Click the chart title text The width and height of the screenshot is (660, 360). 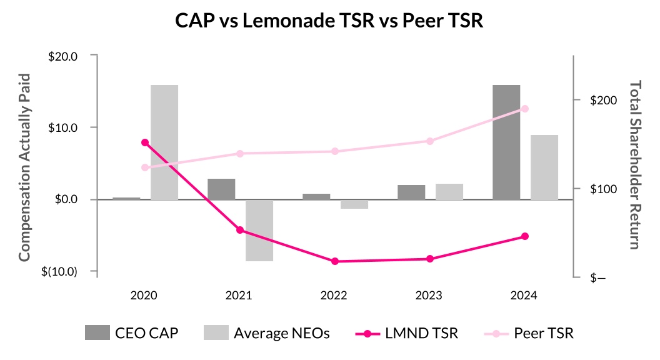[329, 21]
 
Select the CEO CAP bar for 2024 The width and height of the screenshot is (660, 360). [506, 142]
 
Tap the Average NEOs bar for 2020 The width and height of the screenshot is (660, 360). [164, 142]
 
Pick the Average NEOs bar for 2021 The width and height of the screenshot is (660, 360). [259, 230]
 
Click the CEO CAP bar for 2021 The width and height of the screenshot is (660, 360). [221, 189]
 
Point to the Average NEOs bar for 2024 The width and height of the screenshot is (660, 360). [544, 167]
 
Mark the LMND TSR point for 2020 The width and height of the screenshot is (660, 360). [145, 142]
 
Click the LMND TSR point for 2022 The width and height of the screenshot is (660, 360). [335, 261]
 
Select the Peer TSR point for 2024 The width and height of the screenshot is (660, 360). [525, 109]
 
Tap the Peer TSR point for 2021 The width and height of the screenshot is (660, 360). [240, 154]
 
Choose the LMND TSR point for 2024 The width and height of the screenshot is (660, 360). [525, 236]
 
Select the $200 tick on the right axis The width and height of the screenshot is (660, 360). [604, 101]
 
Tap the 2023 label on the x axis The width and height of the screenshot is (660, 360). [429, 295]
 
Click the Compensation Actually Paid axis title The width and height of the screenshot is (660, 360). [24, 167]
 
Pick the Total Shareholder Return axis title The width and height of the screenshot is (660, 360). [635, 165]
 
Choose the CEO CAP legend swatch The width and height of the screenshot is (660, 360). [96, 333]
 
